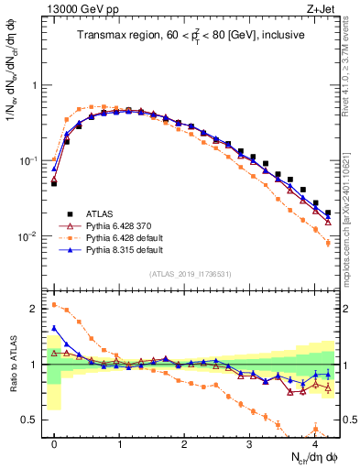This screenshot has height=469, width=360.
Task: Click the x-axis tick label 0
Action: [54, 444]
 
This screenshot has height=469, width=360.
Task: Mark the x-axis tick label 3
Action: [250, 444]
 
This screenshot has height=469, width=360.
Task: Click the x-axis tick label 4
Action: [315, 444]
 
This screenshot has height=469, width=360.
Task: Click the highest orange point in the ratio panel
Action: [54, 305]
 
